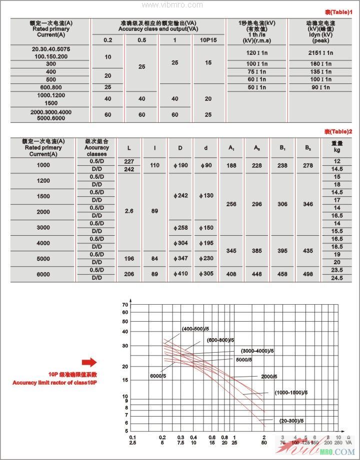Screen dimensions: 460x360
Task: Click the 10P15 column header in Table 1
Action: coord(208,40)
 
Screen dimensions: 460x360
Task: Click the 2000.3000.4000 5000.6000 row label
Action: coord(51,115)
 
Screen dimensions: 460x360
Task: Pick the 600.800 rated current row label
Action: coord(51,87)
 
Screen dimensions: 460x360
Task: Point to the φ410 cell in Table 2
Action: coord(183,274)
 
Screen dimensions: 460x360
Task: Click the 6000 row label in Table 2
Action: coord(43,274)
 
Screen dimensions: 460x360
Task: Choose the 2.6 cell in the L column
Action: coord(129,211)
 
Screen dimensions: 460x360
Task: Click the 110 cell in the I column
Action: coord(154,165)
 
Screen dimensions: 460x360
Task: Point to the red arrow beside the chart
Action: coord(89,362)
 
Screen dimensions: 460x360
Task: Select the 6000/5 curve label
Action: coord(158,375)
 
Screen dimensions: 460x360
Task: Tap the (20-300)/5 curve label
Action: coord(291,421)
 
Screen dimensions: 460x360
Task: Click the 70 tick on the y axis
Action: coord(125,305)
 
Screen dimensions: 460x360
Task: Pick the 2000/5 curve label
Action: coord(268,376)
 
